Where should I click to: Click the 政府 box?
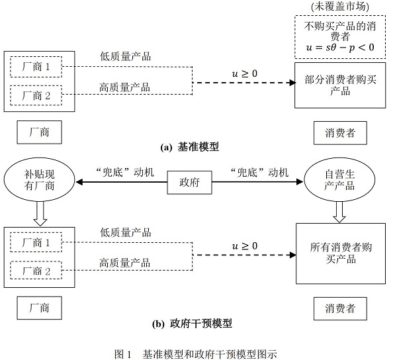(x=189, y=182)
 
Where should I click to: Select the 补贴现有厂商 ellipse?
(x=39, y=180)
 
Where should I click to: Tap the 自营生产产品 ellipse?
(x=339, y=180)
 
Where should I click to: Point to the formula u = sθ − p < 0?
(x=340, y=48)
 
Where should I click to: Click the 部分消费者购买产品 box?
(x=340, y=85)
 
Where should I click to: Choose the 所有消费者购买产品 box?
(x=341, y=253)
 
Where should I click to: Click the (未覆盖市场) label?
(x=340, y=7)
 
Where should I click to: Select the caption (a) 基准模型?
(x=190, y=147)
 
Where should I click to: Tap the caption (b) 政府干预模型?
(x=192, y=324)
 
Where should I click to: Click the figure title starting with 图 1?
(x=196, y=354)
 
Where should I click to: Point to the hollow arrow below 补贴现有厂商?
(x=40, y=214)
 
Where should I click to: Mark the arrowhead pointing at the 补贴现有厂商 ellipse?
(x=79, y=182)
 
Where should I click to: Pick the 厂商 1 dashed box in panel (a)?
(x=36, y=67)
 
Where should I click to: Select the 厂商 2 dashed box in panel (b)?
(x=36, y=270)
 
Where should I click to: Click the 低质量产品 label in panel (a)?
(x=125, y=56)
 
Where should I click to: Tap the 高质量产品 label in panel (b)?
(x=125, y=263)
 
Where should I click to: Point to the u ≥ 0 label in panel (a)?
(x=245, y=73)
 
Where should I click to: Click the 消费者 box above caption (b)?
(x=340, y=308)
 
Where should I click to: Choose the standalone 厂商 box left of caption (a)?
(x=39, y=132)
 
